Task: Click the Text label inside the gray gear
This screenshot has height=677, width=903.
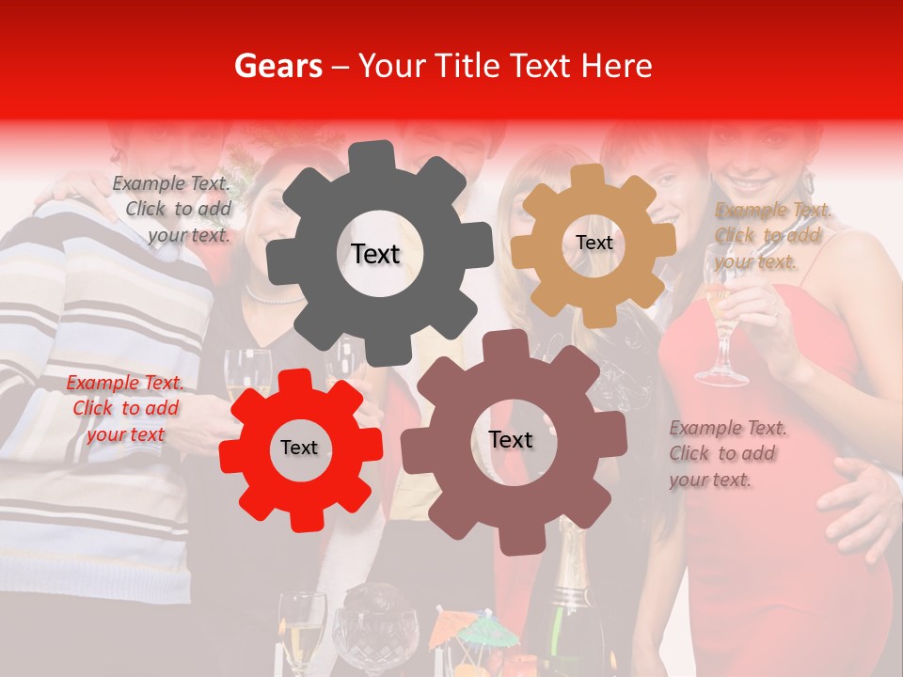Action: pos(375,254)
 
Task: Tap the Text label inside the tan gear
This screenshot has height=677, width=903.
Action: pos(594,243)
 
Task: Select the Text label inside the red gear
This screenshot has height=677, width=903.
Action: pos(299,448)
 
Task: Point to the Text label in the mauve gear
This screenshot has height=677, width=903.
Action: pos(511,439)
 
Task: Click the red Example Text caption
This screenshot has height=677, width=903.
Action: pos(125,408)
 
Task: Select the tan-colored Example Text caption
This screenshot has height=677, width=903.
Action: pos(771,235)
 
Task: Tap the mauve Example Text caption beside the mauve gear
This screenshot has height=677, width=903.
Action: pos(727,453)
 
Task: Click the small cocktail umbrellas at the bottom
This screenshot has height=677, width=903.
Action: pos(475,628)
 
